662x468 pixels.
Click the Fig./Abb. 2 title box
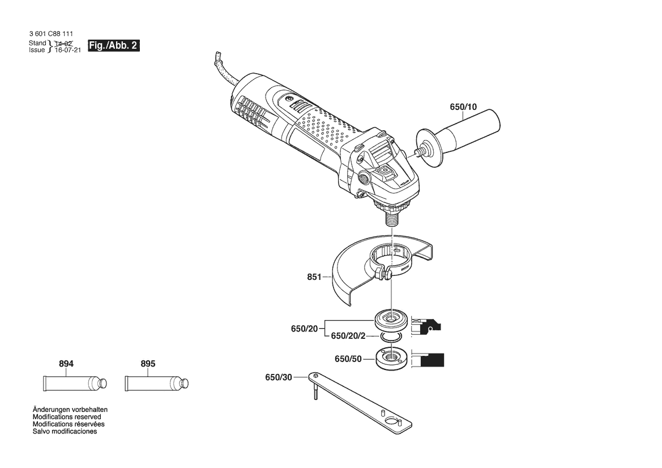click(x=114, y=46)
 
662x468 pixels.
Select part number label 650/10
click(x=463, y=107)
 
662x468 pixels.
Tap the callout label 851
click(x=314, y=277)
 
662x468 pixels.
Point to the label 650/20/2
click(x=348, y=336)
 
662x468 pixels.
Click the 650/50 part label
click(x=348, y=359)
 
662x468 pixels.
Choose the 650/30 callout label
click(x=279, y=377)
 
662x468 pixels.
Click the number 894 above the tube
click(x=66, y=364)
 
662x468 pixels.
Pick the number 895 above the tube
click(x=148, y=364)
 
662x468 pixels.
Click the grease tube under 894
click(x=75, y=384)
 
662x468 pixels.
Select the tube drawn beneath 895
click(x=157, y=384)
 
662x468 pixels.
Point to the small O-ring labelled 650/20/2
click(x=391, y=337)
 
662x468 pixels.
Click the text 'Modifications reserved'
click(x=67, y=417)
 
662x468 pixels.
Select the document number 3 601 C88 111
click(x=51, y=34)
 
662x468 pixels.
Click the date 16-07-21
click(x=67, y=50)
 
